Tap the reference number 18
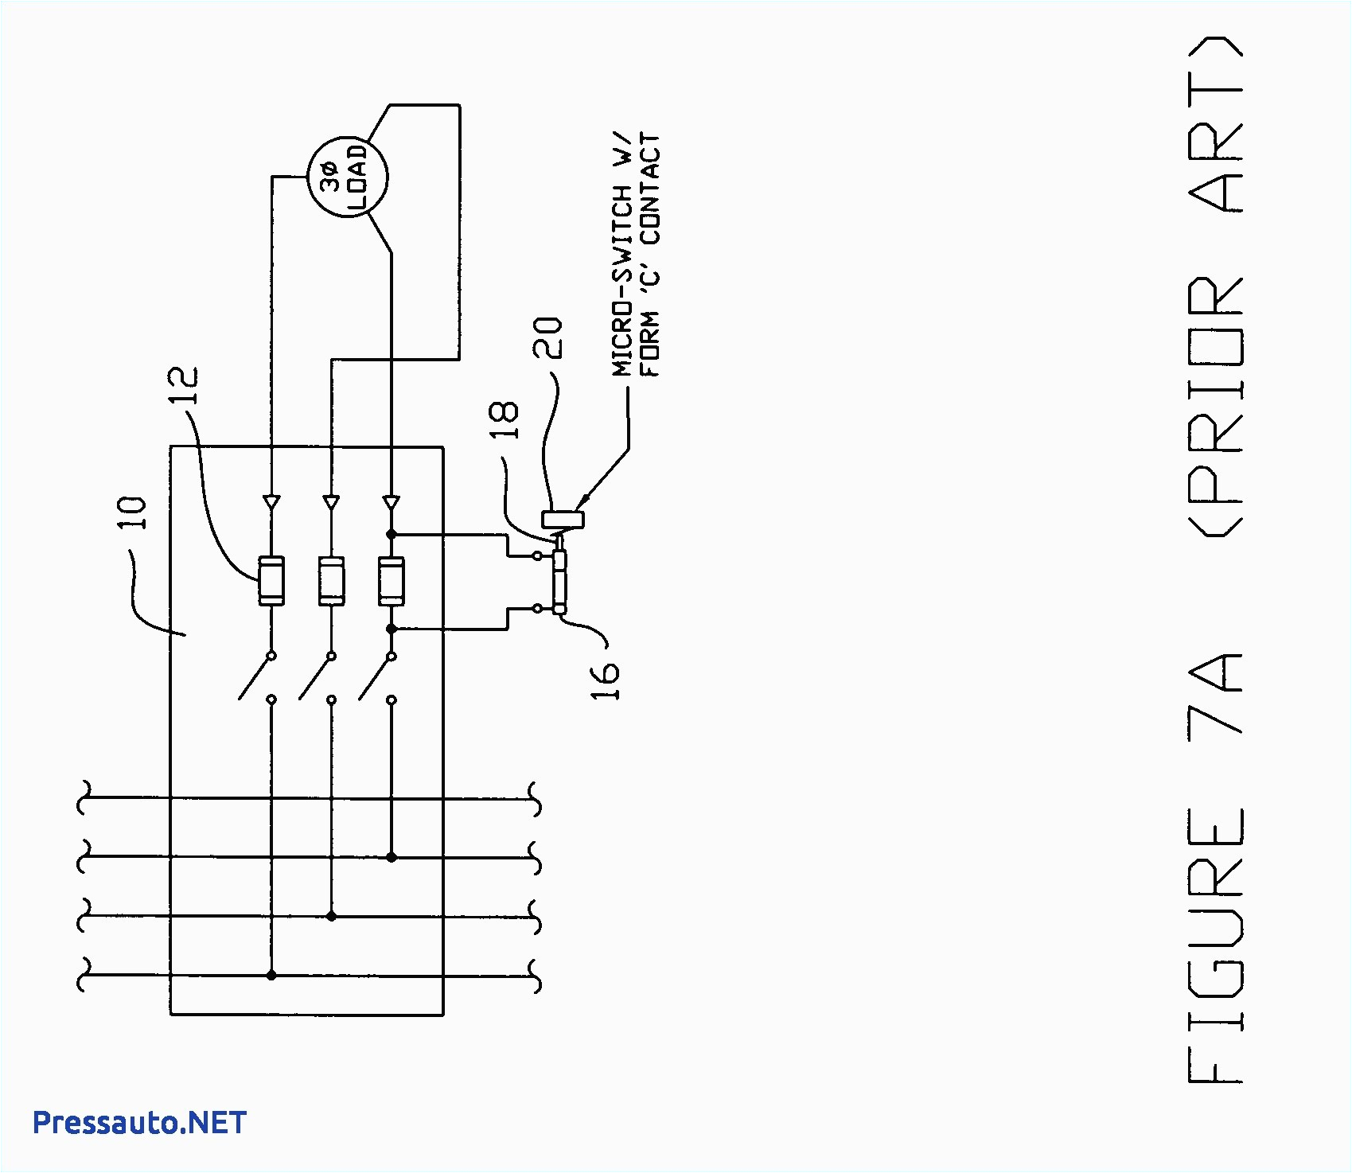(x=505, y=419)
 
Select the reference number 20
(x=548, y=338)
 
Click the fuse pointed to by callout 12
(x=271, y=582)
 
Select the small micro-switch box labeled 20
(x=563, y=519)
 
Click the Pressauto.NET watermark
(x=139, y=1123)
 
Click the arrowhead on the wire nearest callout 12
(x=271, y=502)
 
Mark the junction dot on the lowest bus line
(x=271, y=975)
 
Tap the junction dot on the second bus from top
(x=392, y=857)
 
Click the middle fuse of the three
(x=331, y=582)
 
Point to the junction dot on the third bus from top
(x=331, y=917)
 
